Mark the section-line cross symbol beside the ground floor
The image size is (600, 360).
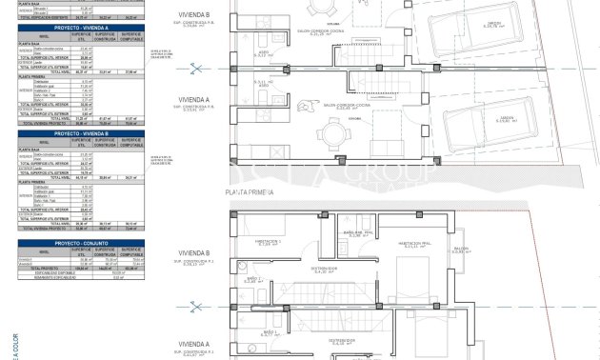point(196,67)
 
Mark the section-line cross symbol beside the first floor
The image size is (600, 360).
point(196,306)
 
